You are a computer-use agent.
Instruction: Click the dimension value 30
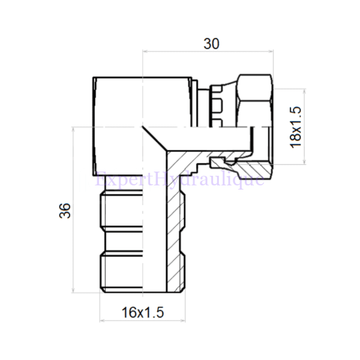[x=211, y=44]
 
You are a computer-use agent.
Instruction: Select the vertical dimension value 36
[x=66, y=211]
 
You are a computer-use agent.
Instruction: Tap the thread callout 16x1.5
[x=142, y=312]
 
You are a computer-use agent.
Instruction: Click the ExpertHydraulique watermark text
[x=180, y=178]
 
